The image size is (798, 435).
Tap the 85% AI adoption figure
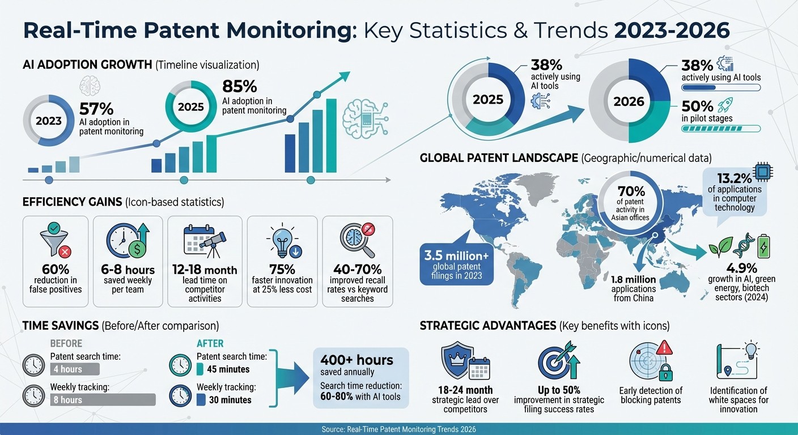click(240, 87)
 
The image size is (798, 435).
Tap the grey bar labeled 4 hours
click(75, 369)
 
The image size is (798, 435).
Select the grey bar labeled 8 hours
click(103, 400)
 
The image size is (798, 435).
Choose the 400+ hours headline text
click(356, 360)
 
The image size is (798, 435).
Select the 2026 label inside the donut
click(629, 101)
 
